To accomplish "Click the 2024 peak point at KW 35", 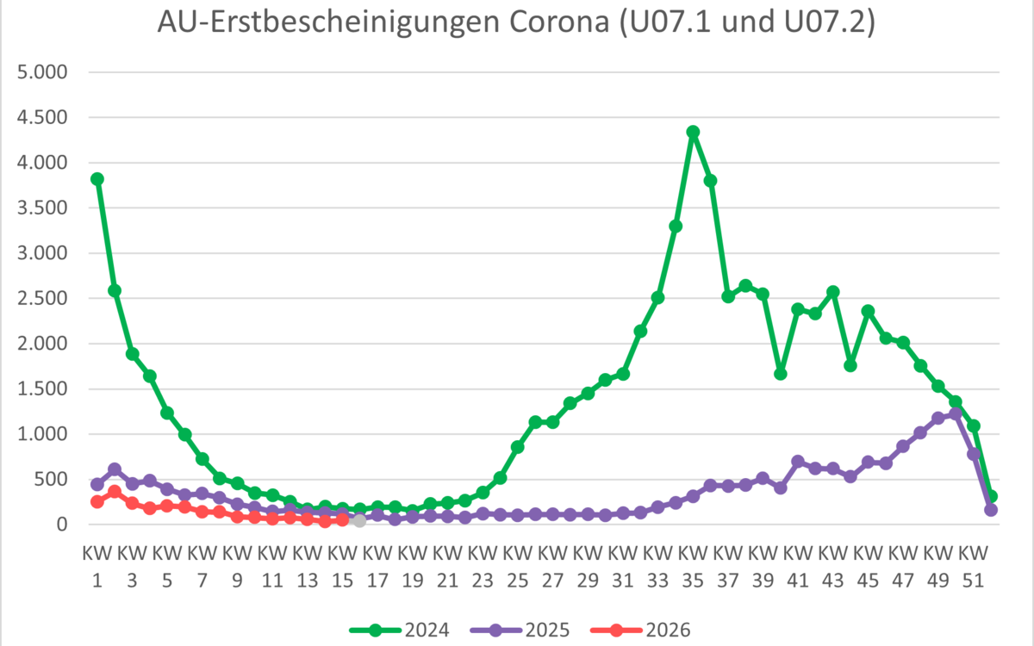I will pyautogui.click(x=693, y=132).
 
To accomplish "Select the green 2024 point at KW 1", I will pyautogui.click(x=97, y=179).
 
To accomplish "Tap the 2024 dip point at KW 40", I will pyautogui.click(x=781, y=374).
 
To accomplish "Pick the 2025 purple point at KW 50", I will pyautogui.click(x=956, y=414).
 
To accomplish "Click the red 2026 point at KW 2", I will pyautogui.click(x=115, y=491).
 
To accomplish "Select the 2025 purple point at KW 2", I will pyautogui.click(x=115, y=469).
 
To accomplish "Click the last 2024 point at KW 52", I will pyautogui.click(x=991, y=496).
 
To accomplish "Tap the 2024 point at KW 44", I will pyautogui.click(x=850, y=365).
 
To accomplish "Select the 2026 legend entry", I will pyautogui.click(x=641, y=630).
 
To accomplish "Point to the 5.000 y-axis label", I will pyautogui.click(x=42, y=71).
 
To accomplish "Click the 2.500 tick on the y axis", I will pyautogui.click(x=42, y=298).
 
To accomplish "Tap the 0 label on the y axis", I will pyautogui.click(x=60, y=525).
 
